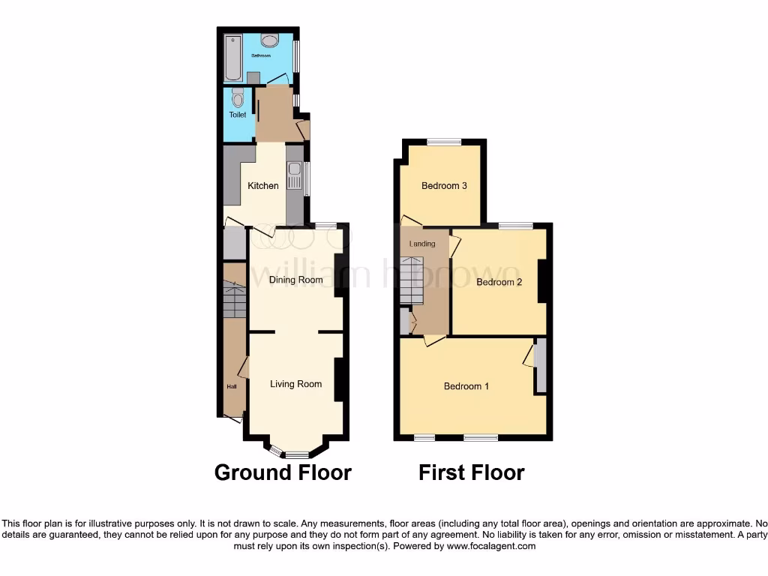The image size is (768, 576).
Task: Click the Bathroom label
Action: [x=260, y=55]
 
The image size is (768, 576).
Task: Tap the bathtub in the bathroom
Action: [x=232, y=57]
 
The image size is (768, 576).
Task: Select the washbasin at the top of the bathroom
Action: [x=270, y=40]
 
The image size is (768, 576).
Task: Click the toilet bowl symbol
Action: [x=238, y=97]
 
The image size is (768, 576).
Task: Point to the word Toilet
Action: [x=238, y=115]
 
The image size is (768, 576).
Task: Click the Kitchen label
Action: [x=263, y=186]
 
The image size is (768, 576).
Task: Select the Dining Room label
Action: [x=295, y=280]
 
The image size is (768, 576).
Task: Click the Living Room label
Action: [x=295, y=384]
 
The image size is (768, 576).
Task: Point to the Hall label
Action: [x=231, y=386]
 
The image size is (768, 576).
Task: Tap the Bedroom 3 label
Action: [x=444, y=186]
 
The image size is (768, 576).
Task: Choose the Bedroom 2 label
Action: [x=499, y=282]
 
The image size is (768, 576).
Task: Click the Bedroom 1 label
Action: [x=466, y=386]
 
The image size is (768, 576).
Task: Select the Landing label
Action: [x=421, y=244]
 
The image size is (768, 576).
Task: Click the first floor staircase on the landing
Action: [x=412, y=280]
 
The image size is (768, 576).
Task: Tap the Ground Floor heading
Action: [x=283, y=472]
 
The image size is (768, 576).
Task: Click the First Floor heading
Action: [x=471, y=472]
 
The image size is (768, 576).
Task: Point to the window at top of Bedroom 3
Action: [x=445, y=142]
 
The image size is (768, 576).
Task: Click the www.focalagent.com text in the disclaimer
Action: [x=491, y=547]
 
